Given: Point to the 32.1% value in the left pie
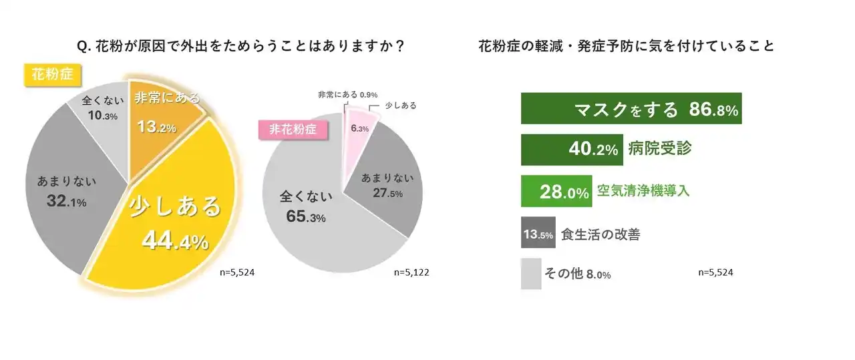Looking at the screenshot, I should pyautogui.click(x=67, y=201).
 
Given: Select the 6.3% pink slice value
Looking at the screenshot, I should pyautogui.click(x=360, y=129).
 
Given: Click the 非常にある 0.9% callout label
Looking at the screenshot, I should pyautogui.click(x=348, y=95).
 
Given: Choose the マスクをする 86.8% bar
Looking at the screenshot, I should pyautogui.click(x=632, y=110).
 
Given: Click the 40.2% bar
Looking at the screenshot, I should pyautogui.click(x=572, y=150).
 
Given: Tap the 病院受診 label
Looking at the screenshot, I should pyautogui.click(x=659, y=149).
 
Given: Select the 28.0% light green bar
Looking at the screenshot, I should pyautogui.click(x=555, y=191).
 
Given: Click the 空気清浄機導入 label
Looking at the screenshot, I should pyautogui.click(x=643, y=191).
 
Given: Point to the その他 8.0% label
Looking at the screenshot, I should pyautogui.click(x=578, y=274).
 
